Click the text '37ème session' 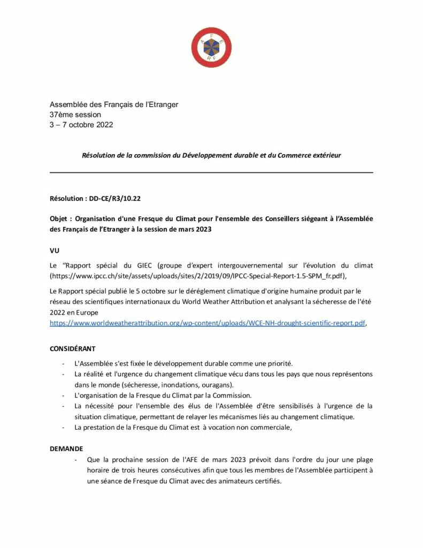(75, 115)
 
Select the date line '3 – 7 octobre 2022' (81, 125)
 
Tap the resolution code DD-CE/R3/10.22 (115, 198)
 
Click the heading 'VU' (55, 250)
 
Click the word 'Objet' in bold (60, 219)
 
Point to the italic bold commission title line (211, 155)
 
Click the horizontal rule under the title (211, 172)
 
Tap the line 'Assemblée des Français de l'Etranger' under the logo (114, 104)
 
